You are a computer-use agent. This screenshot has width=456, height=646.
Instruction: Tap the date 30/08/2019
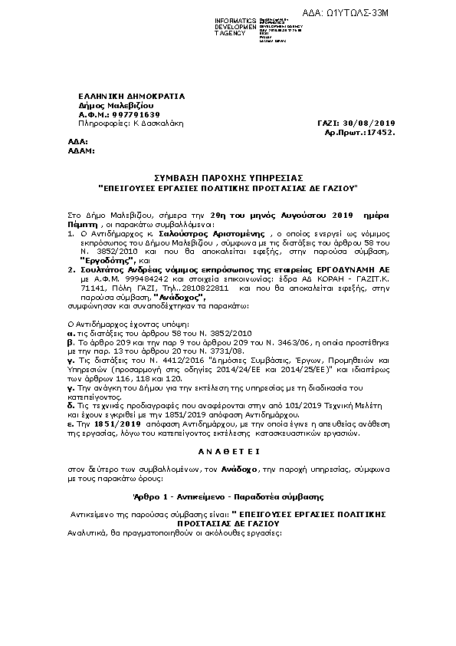[370, 123]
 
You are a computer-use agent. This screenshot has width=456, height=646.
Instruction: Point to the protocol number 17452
[379, 132]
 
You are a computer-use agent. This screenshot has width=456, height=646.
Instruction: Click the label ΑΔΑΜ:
[82, 151]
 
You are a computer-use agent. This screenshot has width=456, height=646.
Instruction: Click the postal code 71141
[91, 290]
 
